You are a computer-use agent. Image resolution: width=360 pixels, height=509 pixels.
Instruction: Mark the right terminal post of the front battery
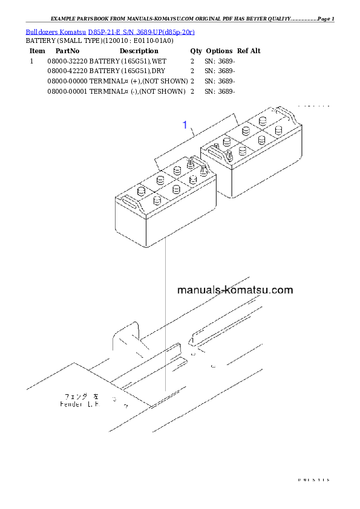click(x=199, y=170)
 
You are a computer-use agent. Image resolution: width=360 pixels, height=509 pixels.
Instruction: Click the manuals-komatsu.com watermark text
click(x=235, y=290)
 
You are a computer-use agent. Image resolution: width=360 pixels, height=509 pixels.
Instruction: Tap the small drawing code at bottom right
click(x=313, y=479)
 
